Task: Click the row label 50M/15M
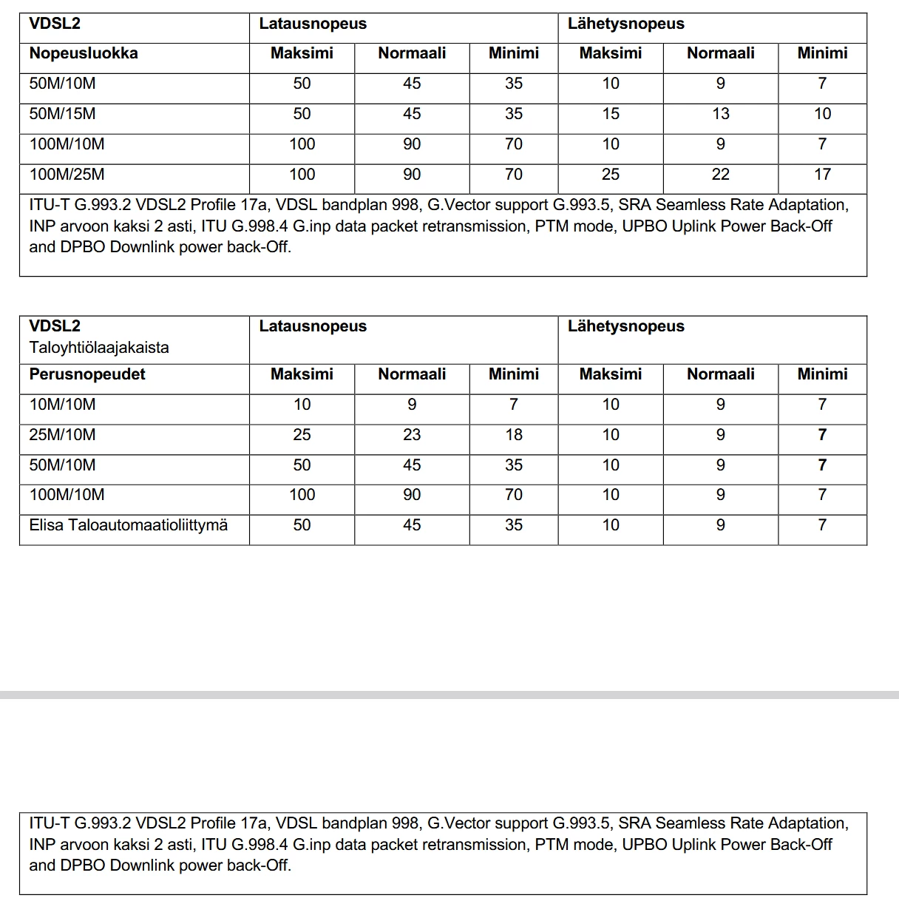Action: [62, 114]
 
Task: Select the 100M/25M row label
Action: [67, 175]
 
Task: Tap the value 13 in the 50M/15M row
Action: [720, 114]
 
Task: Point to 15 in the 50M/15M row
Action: [610, 114]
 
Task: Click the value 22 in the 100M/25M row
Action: [720, 175]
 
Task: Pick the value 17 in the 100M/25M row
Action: [822, 175]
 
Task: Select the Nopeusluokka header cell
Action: [84, 53]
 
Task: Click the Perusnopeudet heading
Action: [87, 374]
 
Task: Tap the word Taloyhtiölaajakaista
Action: [99, 348]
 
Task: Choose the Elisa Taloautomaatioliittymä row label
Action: [128, 525]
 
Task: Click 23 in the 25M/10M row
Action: [412, 435]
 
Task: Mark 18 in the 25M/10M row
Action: [513, 435]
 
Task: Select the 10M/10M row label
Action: [62, 405]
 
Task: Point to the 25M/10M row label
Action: [62, 435]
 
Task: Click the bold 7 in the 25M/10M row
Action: [822, 435]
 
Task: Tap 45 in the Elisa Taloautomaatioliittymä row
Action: [412, 525]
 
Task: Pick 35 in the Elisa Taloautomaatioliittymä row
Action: [513, 525]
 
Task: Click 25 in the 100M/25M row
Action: [610, 175]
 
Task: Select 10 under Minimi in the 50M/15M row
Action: [822, 114]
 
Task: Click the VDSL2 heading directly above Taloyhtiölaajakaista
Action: [55, 326]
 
